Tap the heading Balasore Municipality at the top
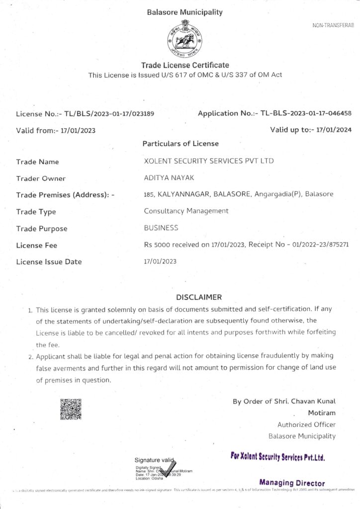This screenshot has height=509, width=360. (x=184, y=12)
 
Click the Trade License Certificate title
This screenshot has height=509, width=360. (x=185, y=65)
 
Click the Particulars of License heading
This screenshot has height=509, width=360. (x=180, y=144)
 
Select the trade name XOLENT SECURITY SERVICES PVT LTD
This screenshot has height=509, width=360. (x=208, y=161)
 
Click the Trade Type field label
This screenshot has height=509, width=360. (x=36, y=212)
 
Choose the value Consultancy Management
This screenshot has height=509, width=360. (x=186, y=211)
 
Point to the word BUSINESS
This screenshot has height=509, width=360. (x=161, y=228)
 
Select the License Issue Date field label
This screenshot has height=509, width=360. (x=49, y=261)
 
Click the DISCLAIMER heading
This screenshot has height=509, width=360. (x=199, y=297)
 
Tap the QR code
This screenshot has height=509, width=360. (x=70, y=408)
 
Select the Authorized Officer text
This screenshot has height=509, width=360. (x=306, y=424)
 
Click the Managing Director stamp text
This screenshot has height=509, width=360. (x=292, y=483)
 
